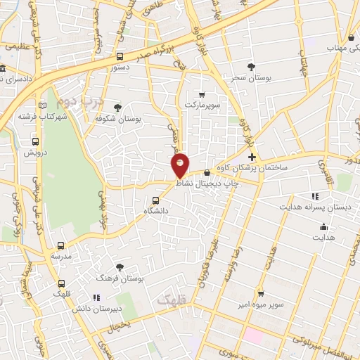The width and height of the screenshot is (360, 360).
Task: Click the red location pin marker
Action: pyautogui.click(x=181, y=165)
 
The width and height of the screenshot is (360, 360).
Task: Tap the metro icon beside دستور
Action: pyautogui.click(x=120, y=57)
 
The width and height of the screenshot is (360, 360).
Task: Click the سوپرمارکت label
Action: pyautogui.click(x=202, y=104)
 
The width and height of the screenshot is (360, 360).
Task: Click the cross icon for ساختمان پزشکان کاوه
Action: pyautogui.click(x=252, y=156)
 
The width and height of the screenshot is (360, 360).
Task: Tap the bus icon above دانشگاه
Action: pyautogui.click(x=156, y=199)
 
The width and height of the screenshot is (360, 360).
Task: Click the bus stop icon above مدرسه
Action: pyautogui.click(x=60, y=246)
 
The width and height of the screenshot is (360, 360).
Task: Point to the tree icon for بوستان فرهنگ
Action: pyautogui.click(x=120, y=267)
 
